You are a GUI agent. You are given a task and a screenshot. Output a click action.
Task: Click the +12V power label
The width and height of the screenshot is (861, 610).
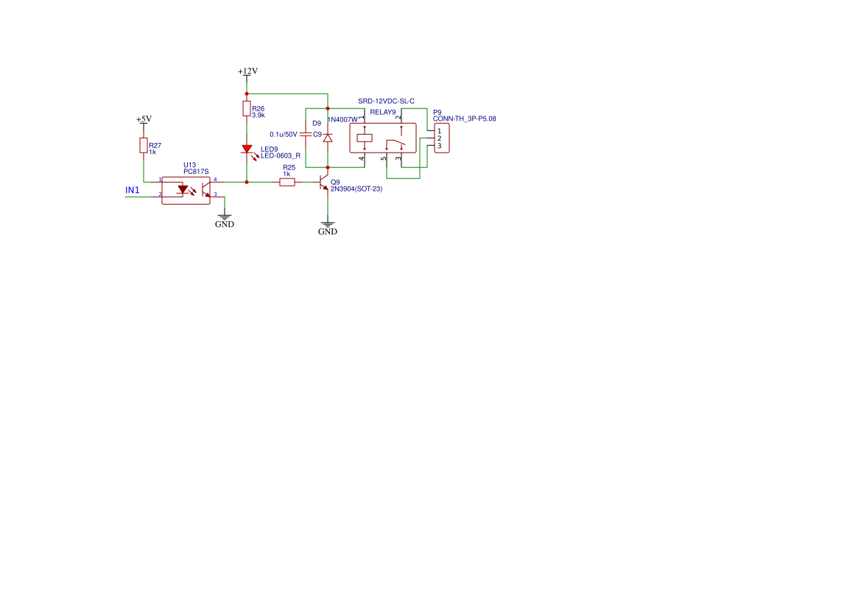click(x=247, y=71)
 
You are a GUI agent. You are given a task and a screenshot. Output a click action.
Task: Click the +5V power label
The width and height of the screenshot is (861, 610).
click(x=144, y=119)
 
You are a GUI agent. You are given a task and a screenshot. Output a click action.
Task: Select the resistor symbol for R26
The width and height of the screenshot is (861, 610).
click(x=247, y=109)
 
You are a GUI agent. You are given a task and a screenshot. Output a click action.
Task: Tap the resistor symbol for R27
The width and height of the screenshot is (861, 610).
click(x=144, y=145)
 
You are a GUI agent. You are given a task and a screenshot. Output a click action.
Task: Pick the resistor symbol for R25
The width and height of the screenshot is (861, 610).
click(x=287, y=182)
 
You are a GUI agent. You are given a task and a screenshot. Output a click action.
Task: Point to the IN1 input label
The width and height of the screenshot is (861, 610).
click(x=133, y=191)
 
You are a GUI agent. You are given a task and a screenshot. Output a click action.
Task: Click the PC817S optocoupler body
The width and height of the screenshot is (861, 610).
click(x=186, y=191)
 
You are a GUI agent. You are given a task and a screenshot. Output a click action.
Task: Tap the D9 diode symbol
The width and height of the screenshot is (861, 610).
click(x=328, y=138)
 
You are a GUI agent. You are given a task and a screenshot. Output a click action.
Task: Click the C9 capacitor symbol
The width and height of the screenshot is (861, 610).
click(x=306, y=134)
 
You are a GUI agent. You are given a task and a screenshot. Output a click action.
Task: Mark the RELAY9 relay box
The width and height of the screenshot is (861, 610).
click(x=383, y=138)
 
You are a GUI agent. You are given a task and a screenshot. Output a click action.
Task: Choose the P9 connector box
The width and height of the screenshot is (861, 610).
click(x=441, y=138)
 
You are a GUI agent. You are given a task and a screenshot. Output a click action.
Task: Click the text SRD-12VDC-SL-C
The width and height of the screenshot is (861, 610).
click(x=386, y=102)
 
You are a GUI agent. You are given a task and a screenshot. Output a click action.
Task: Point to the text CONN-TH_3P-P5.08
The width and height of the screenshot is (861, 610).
click(x=465, y=119)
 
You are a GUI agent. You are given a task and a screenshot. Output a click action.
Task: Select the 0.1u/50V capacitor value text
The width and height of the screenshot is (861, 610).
click(x=284, y=135)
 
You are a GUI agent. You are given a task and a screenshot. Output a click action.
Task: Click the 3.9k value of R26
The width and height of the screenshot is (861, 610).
click(x=258, y=116)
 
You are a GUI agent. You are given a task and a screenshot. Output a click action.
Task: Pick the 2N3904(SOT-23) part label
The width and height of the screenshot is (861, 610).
click(x=356, y=189)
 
